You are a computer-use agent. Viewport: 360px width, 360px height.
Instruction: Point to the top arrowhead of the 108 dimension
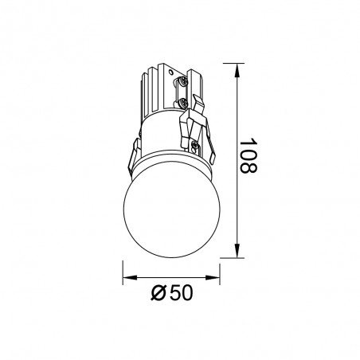coord(240,65)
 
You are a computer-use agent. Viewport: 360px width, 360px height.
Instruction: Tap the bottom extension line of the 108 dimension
coord(227,257)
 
